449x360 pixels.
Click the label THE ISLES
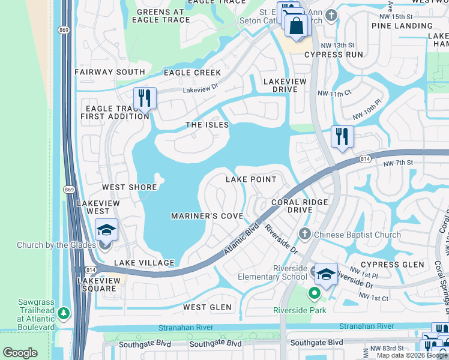click(x=207, y=125)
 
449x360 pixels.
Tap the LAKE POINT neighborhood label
click(x=251, y=179)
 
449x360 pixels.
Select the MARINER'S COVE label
click(x=207, y=216)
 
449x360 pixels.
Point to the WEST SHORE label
click(x=129, y=187)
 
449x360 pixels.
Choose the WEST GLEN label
click(x=207, y=307)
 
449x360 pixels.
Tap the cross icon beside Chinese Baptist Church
click(x=304, y=234)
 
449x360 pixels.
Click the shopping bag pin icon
click(x=296, y=26)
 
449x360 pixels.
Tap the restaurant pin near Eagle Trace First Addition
click(x=145, y=98)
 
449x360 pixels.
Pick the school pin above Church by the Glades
click(x=106, y=230)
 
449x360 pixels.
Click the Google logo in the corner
click(x=20, y=353)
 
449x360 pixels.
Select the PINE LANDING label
click(x=402, y=26)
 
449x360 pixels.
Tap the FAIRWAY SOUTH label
click(x=110, y=72)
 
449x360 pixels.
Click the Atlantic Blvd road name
click(x=241, y=239)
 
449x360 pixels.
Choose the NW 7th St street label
click(x=397, y=163)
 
